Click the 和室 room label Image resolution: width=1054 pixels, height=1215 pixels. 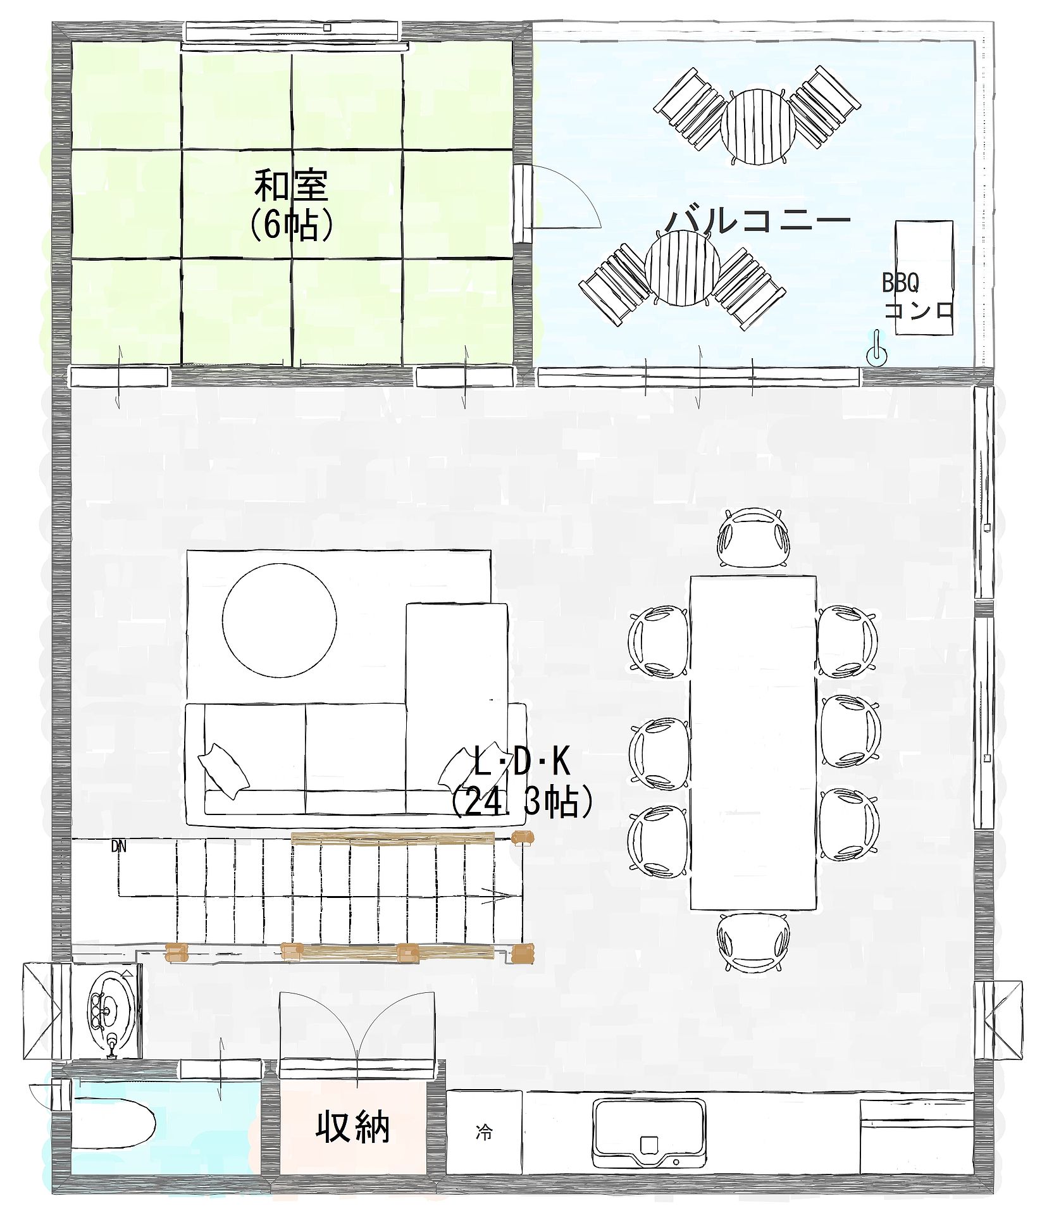pos(291,185)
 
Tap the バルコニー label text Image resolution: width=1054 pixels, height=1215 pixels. pos(758,221)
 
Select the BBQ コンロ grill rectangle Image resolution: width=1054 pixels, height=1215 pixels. pos(924,277)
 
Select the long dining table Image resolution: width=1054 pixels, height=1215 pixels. pos(753,742)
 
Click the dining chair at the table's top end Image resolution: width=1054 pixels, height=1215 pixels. pos(753,538)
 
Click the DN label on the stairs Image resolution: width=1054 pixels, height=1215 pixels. pos(118,846)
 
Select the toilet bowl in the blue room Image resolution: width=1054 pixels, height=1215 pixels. pos(114,1126)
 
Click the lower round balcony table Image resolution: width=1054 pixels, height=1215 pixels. pos(682,267)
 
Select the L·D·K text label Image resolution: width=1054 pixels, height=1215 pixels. pos(522,762)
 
